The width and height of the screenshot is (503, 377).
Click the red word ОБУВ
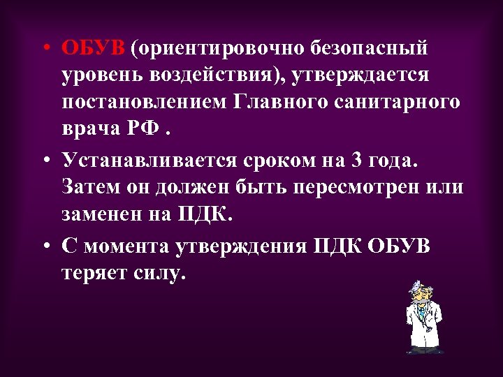(x=94, y=50)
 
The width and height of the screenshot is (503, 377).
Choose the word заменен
(x=102, y=214)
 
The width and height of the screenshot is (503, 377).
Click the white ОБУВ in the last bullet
(x=397, y=248)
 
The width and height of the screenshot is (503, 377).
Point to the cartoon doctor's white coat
(x=423, y=325)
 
